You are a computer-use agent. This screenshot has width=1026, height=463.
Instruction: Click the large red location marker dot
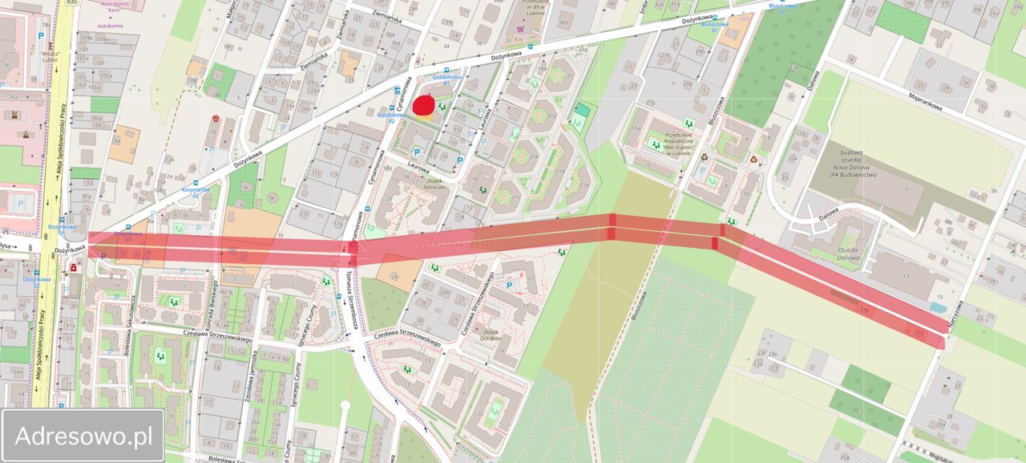coord(423,106)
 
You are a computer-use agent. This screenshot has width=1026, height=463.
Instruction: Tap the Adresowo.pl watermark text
coord(83,436)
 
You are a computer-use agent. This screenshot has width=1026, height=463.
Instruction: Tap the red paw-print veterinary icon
coord(216,120)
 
